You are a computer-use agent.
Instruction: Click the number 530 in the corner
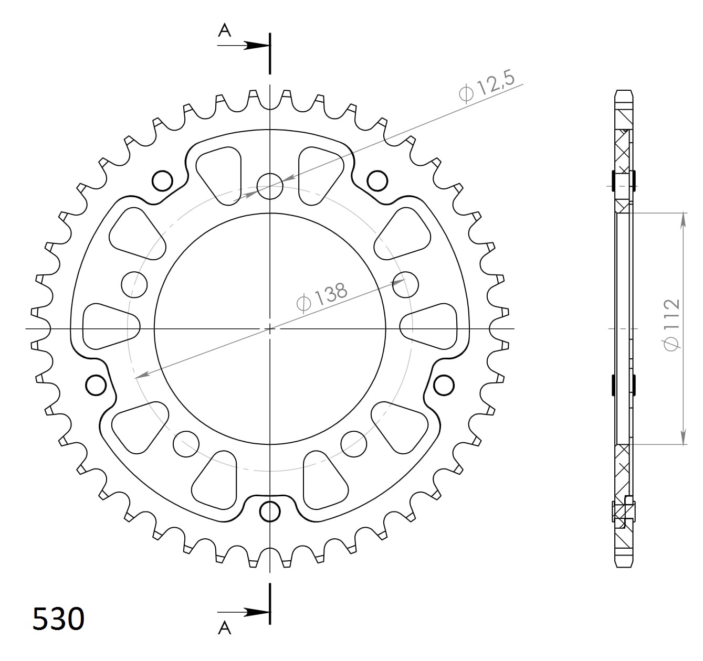[x=58, y=620]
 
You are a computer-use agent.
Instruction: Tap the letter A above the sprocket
[x=225, y=31]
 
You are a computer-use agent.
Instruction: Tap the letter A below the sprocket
[x=225, y=627]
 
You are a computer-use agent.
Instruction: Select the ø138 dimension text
[x=322, y=297]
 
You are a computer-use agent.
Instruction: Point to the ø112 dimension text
[x=671, y=325]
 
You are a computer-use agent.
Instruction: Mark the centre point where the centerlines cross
[x=270, y=329]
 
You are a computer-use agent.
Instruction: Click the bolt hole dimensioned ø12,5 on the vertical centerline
[x=270, y=186]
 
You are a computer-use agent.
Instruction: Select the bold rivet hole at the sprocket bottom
[x=270, y=511]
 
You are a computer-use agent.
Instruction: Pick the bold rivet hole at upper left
[x=162, y=181]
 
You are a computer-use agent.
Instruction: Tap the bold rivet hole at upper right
[x=377, y=181]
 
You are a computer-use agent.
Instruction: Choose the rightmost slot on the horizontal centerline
[x=428, y=326]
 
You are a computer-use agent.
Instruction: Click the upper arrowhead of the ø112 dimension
[x=683, y=220]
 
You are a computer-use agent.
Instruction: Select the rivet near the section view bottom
[x=623, y=511]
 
